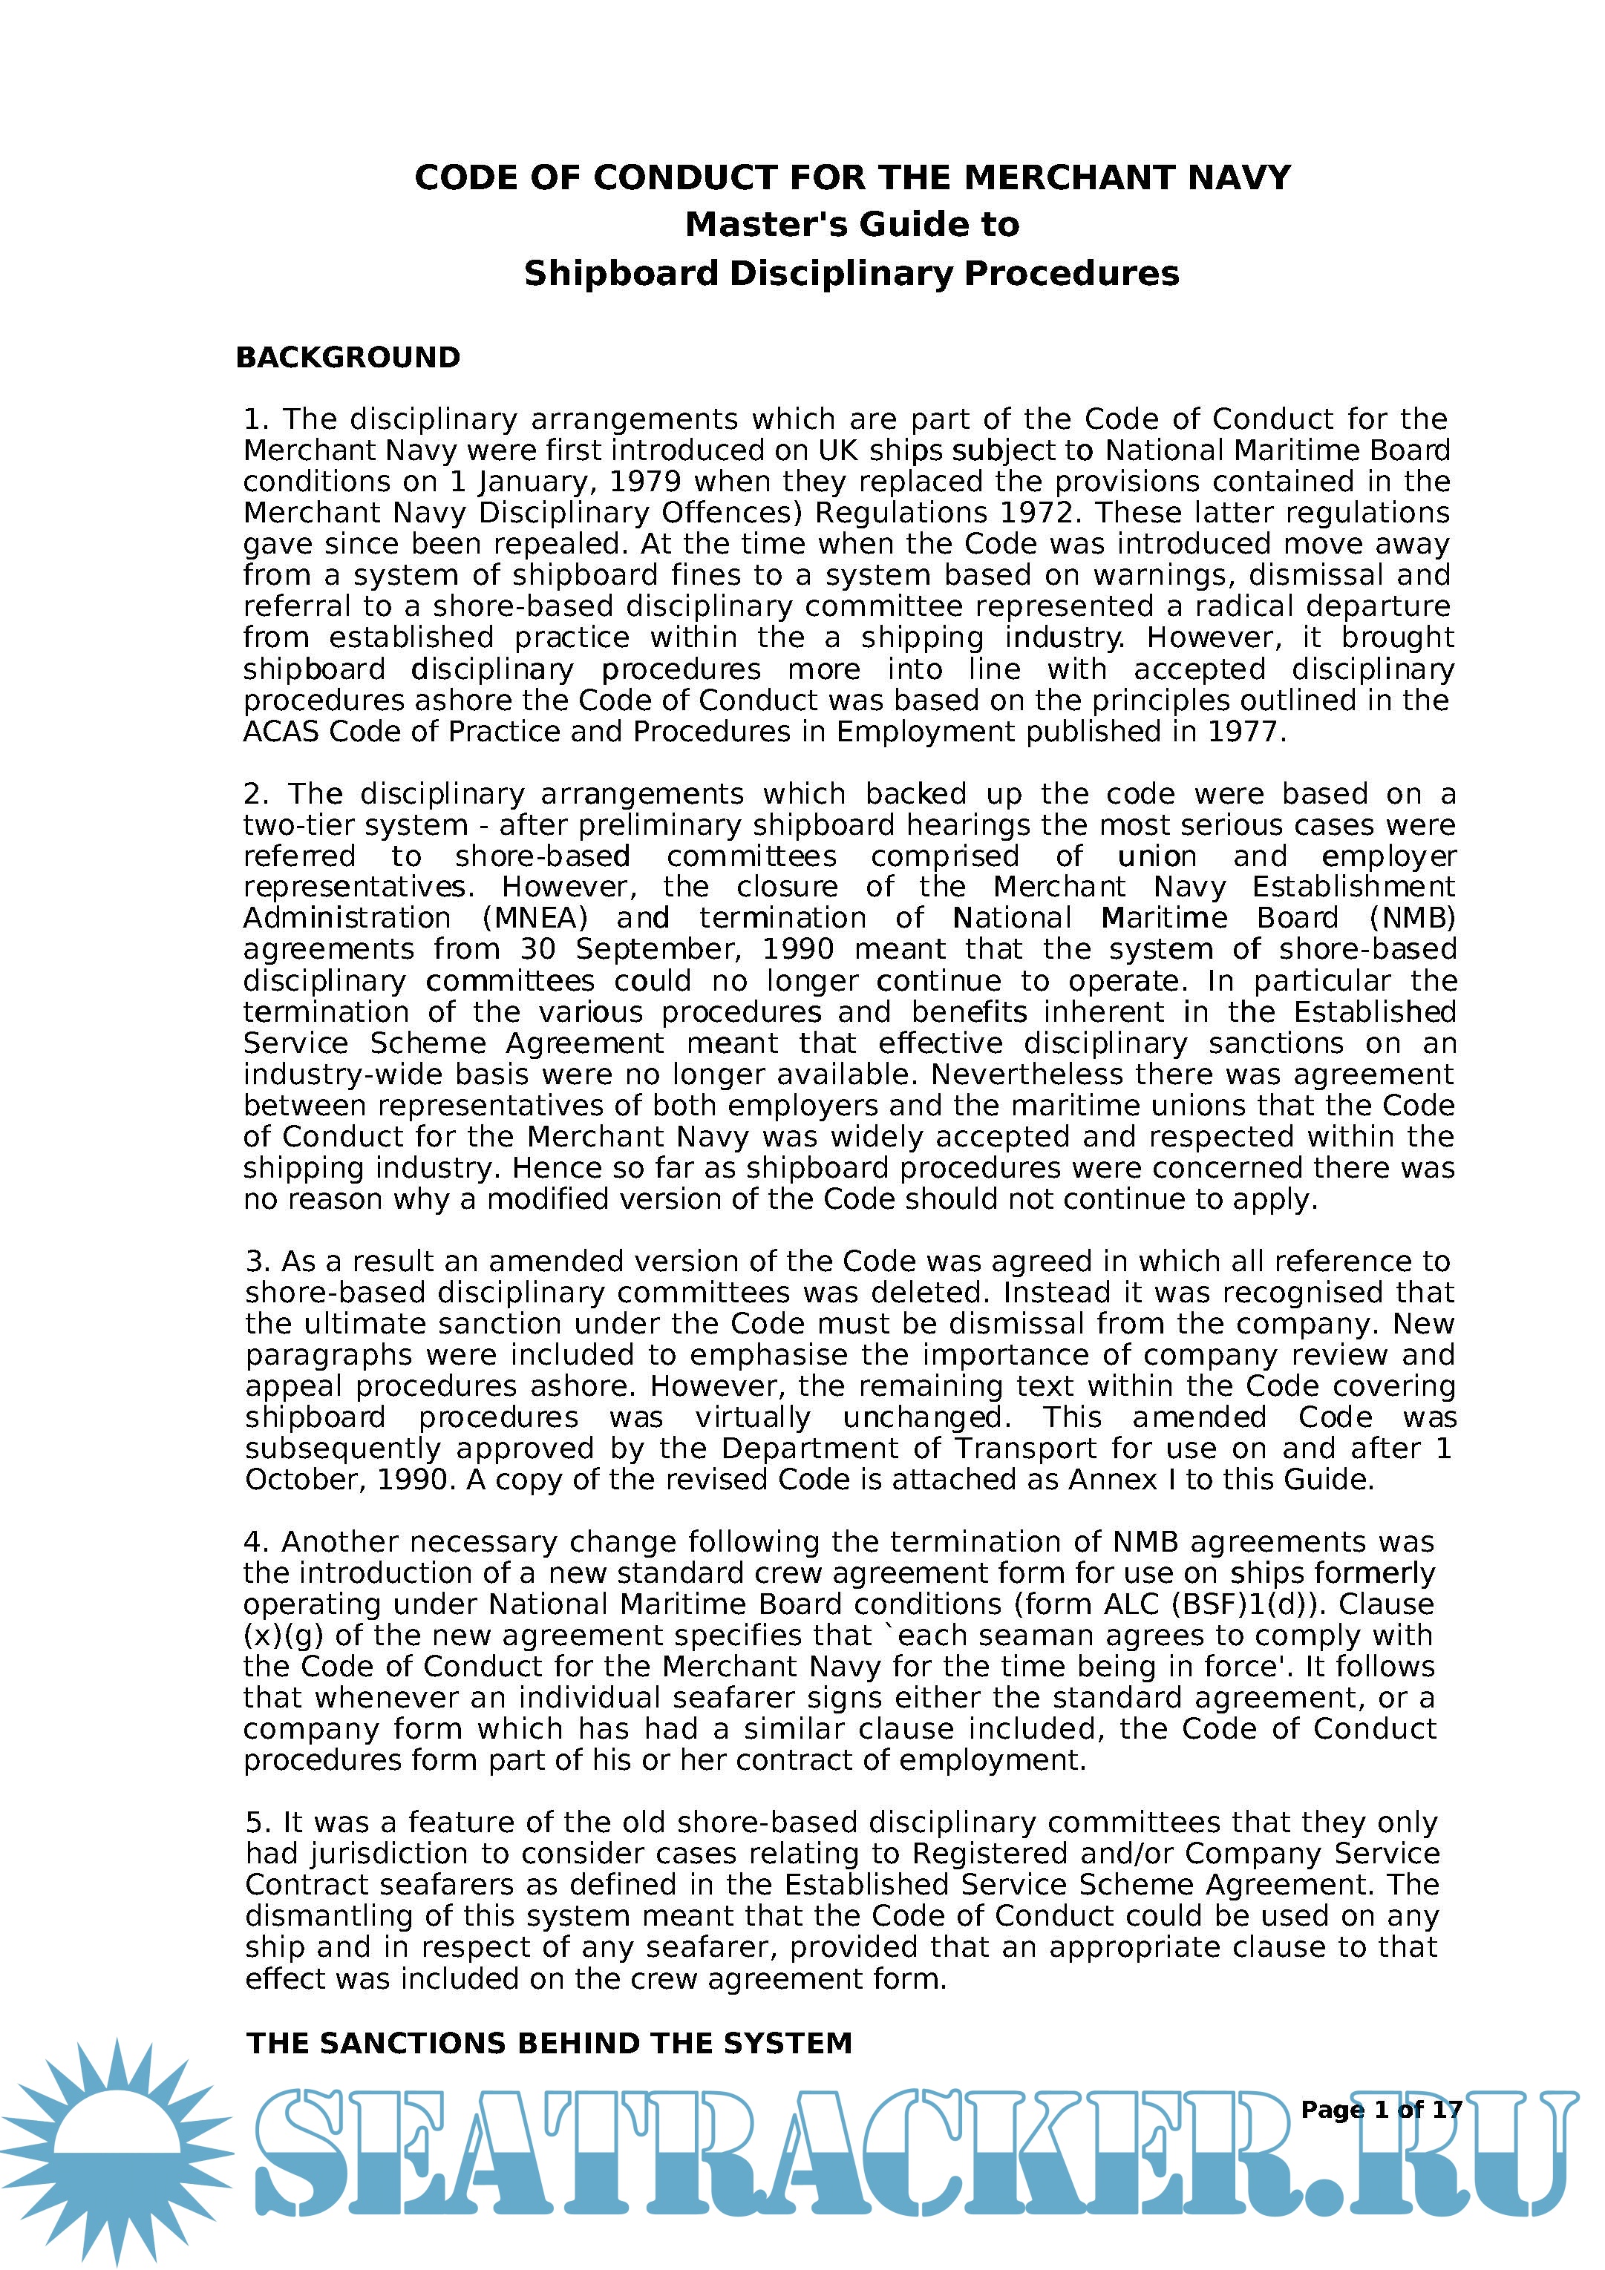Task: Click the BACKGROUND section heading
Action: point(348,358)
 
